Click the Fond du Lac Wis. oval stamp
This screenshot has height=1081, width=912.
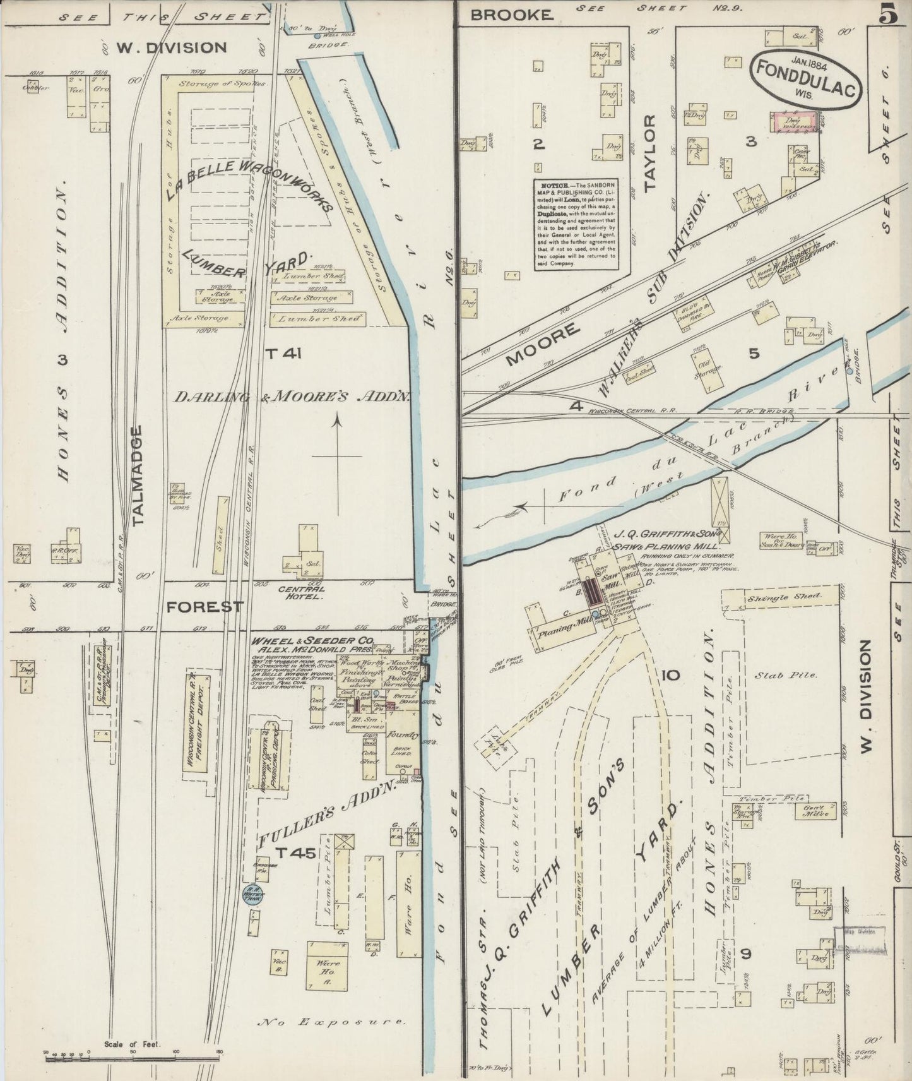805,80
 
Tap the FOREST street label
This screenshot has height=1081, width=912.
204,607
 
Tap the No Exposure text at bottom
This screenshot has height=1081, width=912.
331,1021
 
